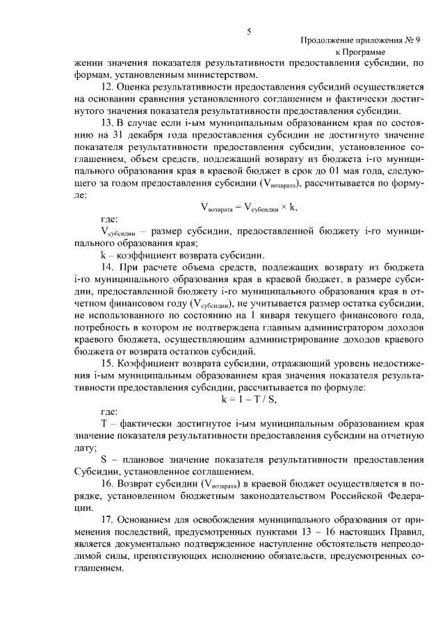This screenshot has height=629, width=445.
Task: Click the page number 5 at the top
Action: [248, 31]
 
